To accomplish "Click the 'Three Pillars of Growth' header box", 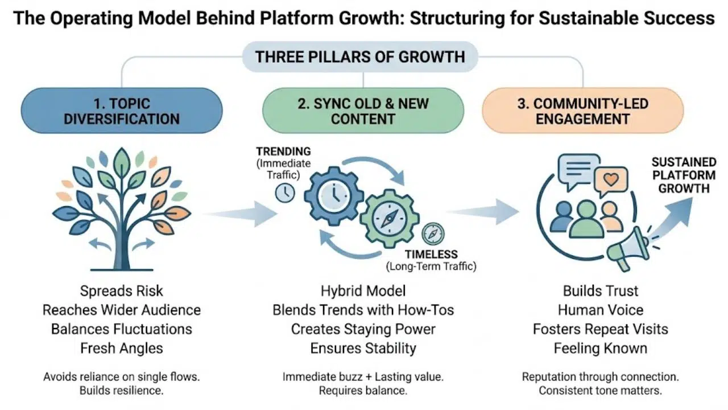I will pyautogui.click(x=360, y=57).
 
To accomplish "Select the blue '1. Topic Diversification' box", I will pyautogui.click(x=121, y=110).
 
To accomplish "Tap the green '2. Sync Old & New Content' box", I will pyautogui.click(x=362, y=110).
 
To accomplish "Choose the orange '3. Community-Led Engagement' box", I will pyautogui.click(x=582, y=110).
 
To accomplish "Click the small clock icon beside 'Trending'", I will pyautogui.click(x=284, y=194).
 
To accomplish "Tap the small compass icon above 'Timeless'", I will pyautogui.click(x=433, y=234).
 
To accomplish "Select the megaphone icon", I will pyautogui.click(x=626, y=248).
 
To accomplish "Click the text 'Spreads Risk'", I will pyautogui.click(x=121, y=291).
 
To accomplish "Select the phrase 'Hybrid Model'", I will pyautogui.click(x=363, y=291).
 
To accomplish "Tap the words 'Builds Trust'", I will pyautogui.click(x=600, y=291).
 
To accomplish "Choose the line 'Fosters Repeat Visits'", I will pyautogui.click(x=600, y=329).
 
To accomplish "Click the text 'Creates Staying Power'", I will pyautogui.click(x=363, y=329).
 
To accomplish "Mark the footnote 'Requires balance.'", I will pyautogui.click(x=363, y=391).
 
